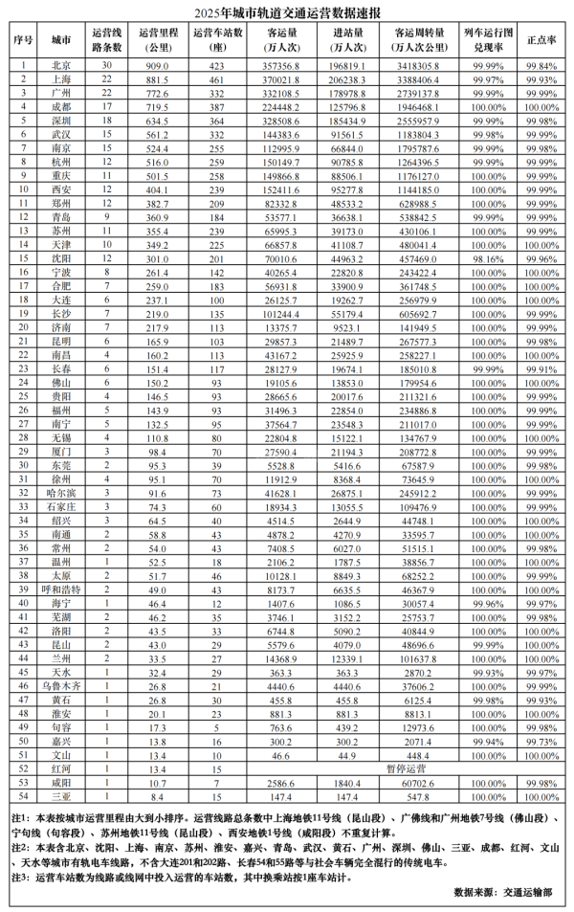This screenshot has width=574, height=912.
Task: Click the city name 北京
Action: [x=60, y=64]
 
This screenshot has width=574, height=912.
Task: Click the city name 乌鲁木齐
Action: [x=60, y=686]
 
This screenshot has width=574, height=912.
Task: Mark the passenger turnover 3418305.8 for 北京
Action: [x=416, y=64]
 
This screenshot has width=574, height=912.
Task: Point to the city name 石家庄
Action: [x=60, y=507]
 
